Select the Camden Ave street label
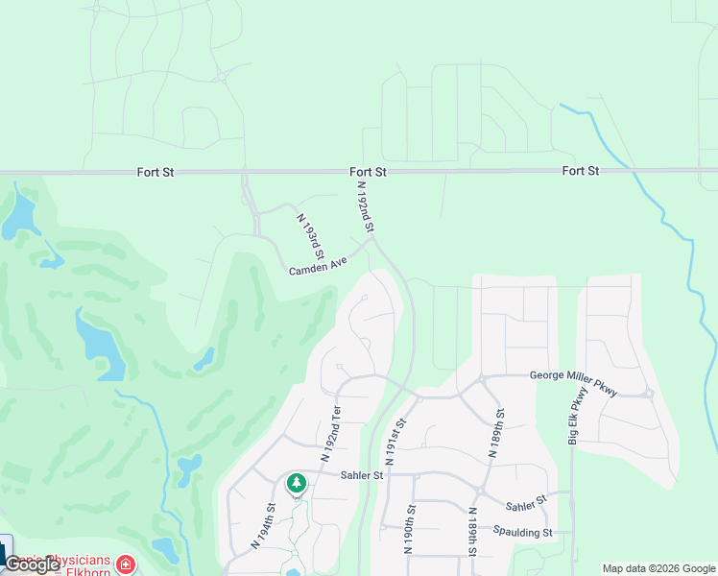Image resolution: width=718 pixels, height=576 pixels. (318, 266)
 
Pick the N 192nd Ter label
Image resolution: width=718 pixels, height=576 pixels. (329, 434)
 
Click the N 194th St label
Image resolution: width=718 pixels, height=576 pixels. (264, 526)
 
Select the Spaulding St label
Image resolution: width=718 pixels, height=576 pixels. (523, 531)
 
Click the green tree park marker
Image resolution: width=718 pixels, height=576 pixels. (297, 481)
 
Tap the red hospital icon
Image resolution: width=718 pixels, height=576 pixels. (126, 564)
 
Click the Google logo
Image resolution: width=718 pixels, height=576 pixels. (32, 564)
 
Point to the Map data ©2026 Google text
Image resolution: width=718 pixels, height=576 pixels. (658, 568)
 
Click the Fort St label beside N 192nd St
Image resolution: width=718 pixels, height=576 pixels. (368, 172)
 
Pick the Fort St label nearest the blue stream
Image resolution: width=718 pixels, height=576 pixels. (581, 171)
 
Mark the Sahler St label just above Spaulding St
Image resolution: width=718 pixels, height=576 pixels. (526, 502)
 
